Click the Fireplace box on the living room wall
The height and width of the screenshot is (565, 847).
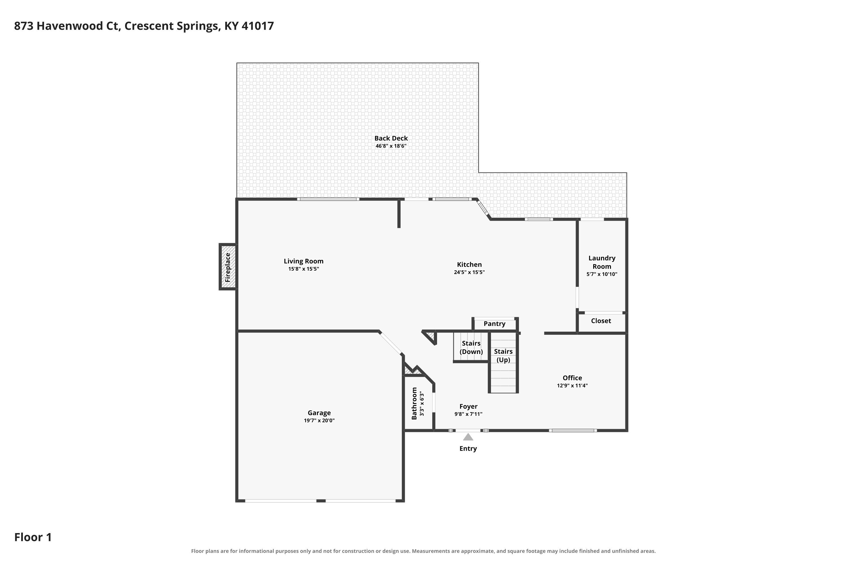[x=228, y=267]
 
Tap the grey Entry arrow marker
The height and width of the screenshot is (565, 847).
[x=468, y=437]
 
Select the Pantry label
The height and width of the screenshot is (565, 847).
[x=494, y=323]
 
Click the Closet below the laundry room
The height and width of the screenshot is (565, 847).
[x=601, y=321]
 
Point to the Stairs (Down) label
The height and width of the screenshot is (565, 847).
[x=471, y=347]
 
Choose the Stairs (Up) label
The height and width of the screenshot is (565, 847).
[x=503, y=355]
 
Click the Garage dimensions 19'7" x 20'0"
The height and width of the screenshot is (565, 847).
[x=319, y=421]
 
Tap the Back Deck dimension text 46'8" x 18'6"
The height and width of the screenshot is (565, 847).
[x=391, y=146]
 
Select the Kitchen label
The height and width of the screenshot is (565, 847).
[x=469, y=264]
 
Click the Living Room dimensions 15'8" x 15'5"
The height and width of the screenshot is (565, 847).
[x=304, y=269]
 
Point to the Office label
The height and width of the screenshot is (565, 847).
[x=572, y=378]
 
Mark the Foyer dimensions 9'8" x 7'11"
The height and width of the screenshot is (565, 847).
[x=468, y=414]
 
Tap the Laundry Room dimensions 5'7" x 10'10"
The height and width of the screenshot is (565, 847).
[x=602, y=274]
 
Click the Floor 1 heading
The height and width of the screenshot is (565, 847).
[x=33, y=537]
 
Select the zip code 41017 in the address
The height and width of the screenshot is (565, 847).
[x=257, y=26]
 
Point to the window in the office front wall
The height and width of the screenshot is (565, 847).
[x=573, y=430]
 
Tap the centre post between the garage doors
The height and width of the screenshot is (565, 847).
[x=321, y=501]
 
